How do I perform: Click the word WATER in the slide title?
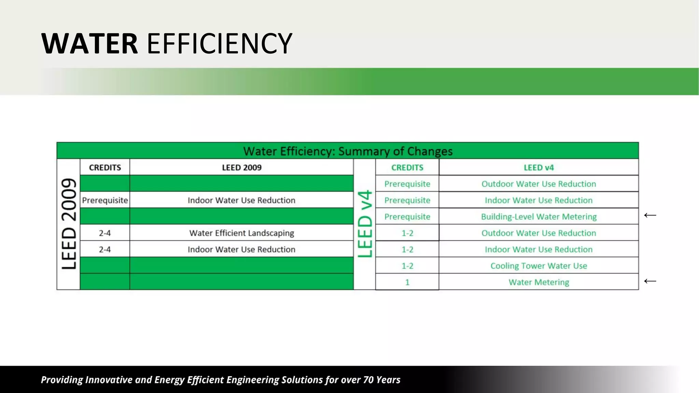pyautogui.click(x=89, y=44)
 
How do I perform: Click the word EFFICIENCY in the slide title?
pyautogui.click(x=219, y=44)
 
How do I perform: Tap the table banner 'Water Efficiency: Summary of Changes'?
pyautogui.click(x=347, y=151)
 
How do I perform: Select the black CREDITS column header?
pyautogui.click(x=105, y=168)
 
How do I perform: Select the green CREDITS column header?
pyautogui.click(x=407, y=168)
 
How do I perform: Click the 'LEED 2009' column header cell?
pyautogui.click(x=242, y=168)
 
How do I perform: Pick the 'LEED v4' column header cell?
pyautogui.click(x=539, y=168)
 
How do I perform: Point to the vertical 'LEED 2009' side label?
pyautogui.click(x=69, y=224)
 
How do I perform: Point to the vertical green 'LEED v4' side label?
pyautogui.click(x=365, y=224)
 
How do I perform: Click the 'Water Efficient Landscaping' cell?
pyautogui.click(x=242, y=233)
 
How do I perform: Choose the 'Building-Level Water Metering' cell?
pyautogui.click(x=539, y=217)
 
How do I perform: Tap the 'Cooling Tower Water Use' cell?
pyautogui.click(x=539, y=266)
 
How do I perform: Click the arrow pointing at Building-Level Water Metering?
pyautogui.click(x=650, y=215)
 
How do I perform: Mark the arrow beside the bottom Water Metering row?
pyautogui.click(x=650, y=281)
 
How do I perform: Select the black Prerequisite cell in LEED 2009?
pyautogui.click(x=105, y=200)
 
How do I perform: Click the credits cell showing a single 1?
pyautogui.click(x=407, y=282)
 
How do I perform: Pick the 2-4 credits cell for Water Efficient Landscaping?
pyautogui.click(x=105, y=233)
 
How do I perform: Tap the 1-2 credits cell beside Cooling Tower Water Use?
pyautogui.click(x=407, y=266)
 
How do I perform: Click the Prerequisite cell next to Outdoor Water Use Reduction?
pyautogui.click(x=407, y=184)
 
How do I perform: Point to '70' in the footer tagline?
pyautogui.click(x=368, y=380)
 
